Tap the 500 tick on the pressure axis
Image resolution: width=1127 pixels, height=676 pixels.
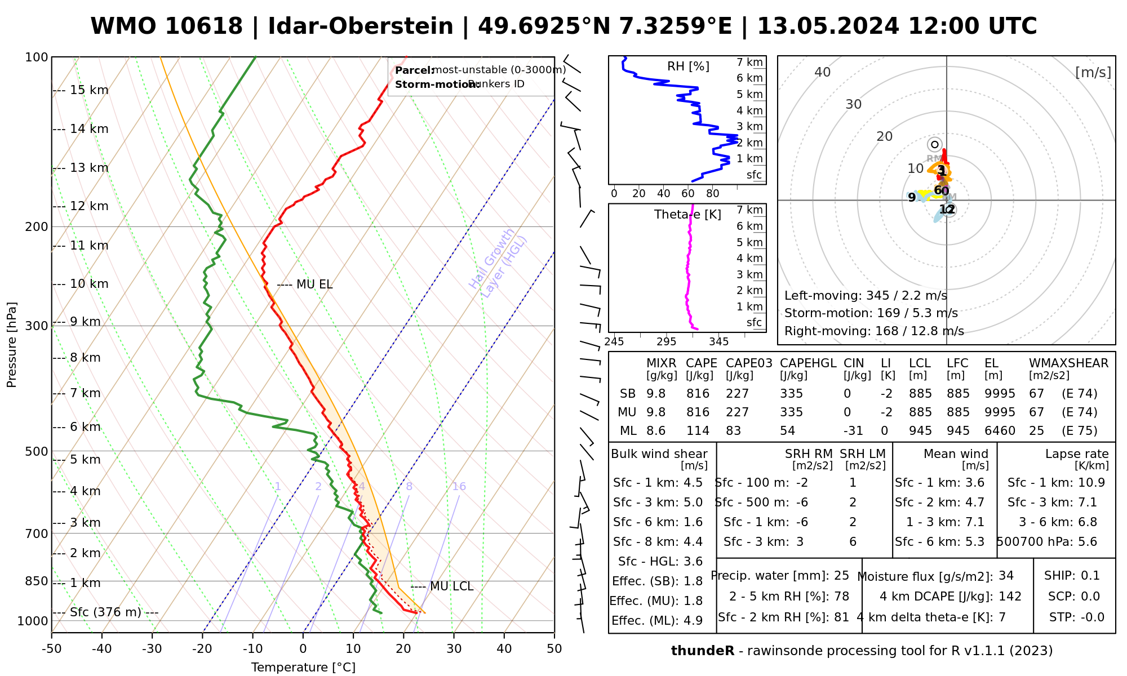click(x=37, y=451)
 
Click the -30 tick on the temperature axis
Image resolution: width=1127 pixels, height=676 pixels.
click(x=152, y=649)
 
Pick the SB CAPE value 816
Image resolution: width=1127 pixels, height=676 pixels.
click(x=698, y=394)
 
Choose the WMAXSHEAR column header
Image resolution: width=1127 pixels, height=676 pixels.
click(x=1068, y=363)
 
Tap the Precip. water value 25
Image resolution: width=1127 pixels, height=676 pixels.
click(x=841, y=576)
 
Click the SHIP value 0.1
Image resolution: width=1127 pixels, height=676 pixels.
click(x=1090, y=576)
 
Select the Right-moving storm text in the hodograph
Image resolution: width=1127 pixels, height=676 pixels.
click(x=874, y=331)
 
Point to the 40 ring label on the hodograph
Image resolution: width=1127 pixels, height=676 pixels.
click(x=823, y=72)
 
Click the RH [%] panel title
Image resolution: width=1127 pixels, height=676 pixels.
click(x=688, y=66)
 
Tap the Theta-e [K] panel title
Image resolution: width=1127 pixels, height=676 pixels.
click(x=687, y=215)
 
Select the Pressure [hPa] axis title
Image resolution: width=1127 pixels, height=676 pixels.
click(x=12, y=345)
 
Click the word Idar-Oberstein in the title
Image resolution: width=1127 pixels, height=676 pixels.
click(x=361, y=26)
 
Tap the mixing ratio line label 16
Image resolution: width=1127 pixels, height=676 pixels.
click(x=459, y=487)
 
